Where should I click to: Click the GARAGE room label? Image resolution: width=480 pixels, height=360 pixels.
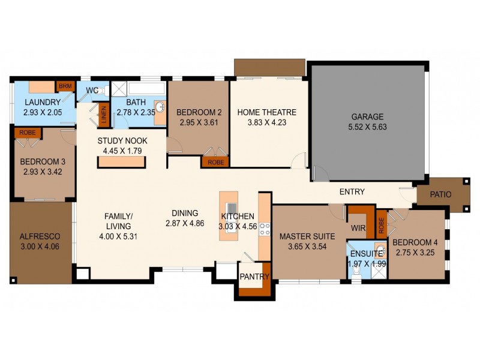(367, 117)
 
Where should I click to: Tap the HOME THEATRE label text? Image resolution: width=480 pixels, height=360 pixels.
(266, 112)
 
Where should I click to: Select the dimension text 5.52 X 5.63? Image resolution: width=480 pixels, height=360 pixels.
(367, 128)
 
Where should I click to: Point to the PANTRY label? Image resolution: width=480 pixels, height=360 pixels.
(254, 277)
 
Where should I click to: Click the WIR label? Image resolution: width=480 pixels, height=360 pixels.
(359, 229)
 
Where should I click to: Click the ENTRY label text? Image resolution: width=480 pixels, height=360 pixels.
(352, 192)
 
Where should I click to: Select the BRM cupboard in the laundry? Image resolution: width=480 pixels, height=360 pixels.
(64, 86)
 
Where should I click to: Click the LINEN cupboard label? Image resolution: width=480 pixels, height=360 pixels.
(104, 114)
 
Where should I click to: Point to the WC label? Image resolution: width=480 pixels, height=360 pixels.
(92, 90)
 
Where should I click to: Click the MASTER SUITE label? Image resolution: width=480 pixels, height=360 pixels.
(302, 236)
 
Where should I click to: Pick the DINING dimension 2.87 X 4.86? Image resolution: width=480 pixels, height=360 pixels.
(185, 223)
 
